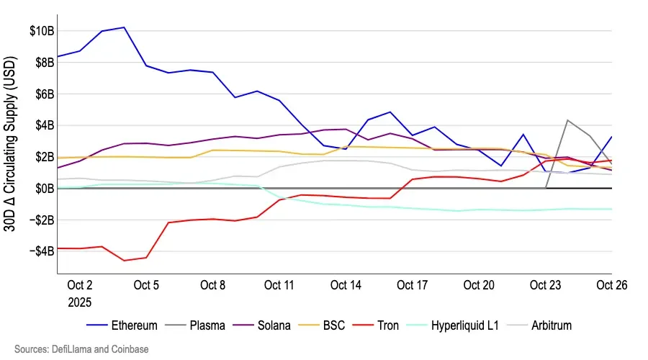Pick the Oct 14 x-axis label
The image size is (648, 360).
tap(346, 285)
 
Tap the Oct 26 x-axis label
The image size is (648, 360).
tap(612, 285)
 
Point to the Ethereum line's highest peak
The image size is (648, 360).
tap(124, 27)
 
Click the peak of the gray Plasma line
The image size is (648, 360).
tap(568, 120)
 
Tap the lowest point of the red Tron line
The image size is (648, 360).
tap(125, 261)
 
